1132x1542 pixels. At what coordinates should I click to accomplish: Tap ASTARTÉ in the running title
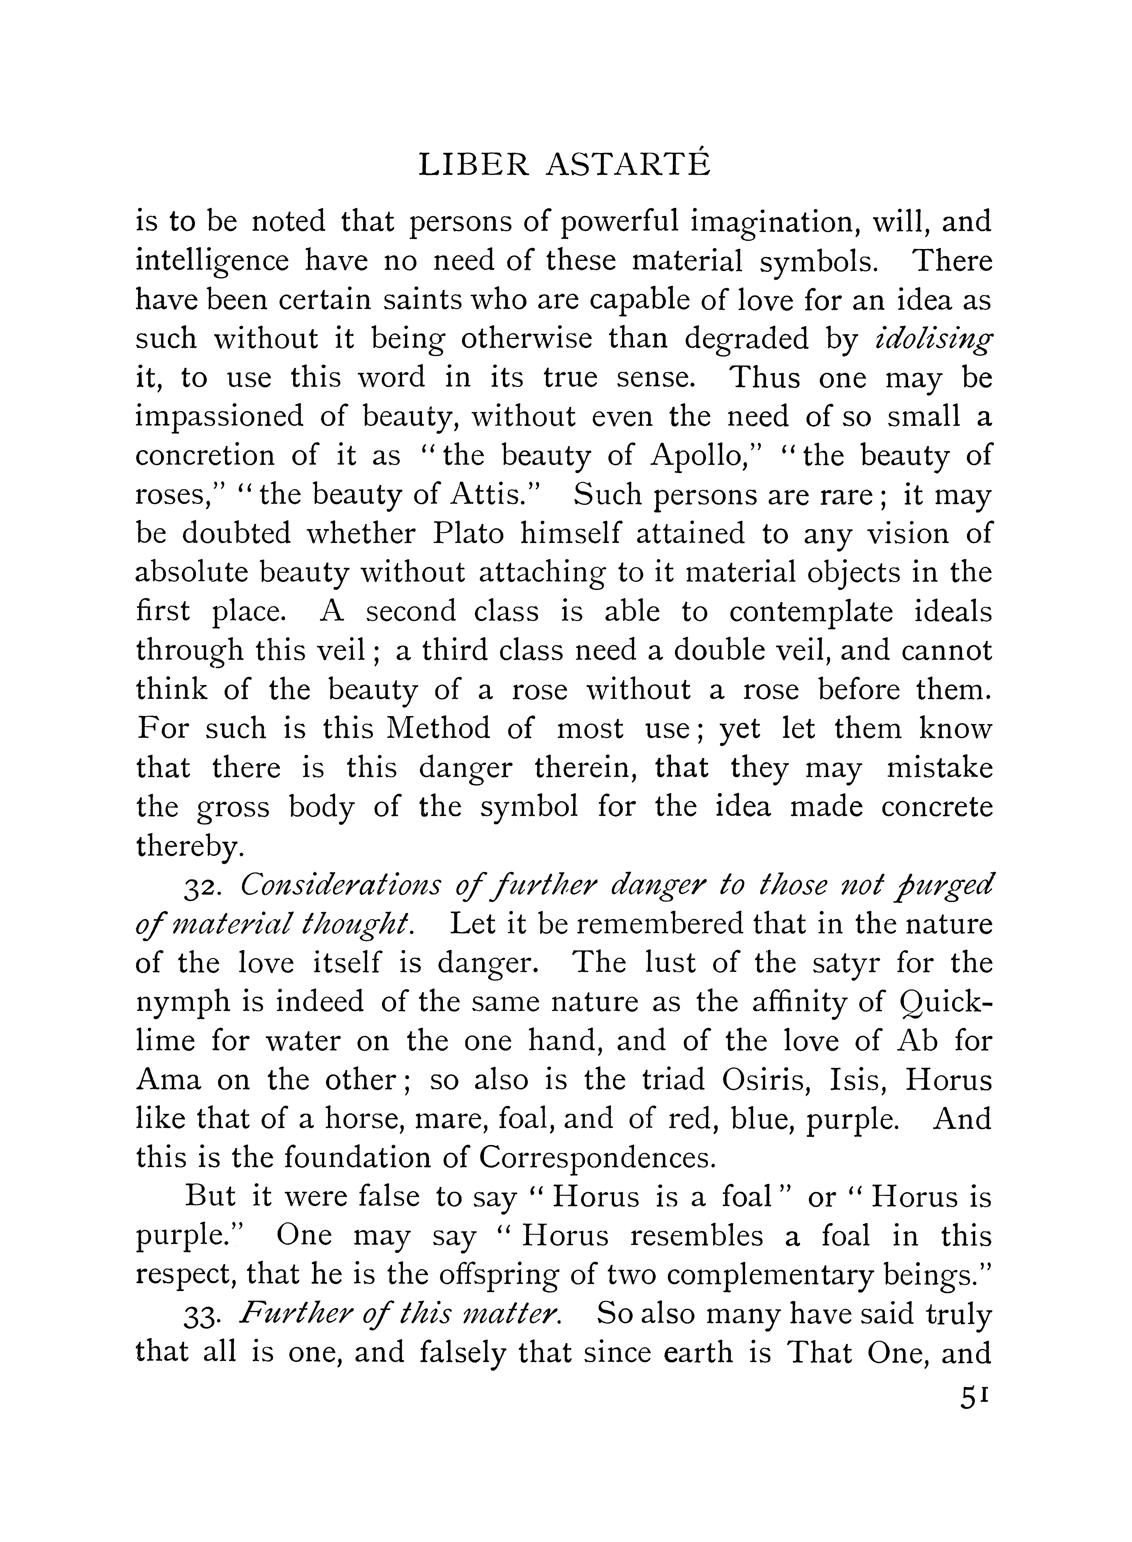pos(629,166)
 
